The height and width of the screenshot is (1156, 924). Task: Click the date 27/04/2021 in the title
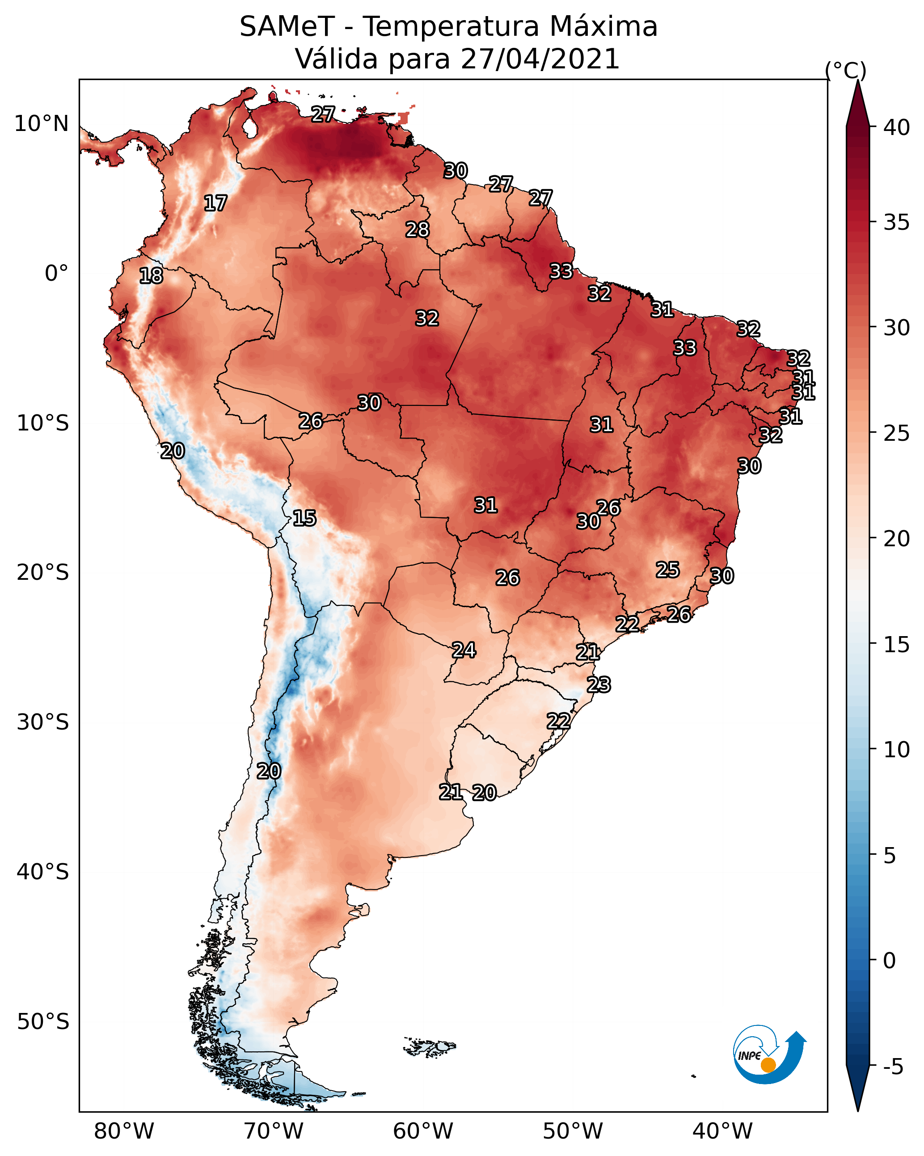(540, 59)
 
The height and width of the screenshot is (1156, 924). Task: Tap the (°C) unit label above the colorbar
(845, 70)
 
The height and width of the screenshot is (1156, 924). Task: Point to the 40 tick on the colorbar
(897, 127)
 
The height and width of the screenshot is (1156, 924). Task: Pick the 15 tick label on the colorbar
(897, 645)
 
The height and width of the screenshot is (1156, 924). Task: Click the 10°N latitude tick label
(41, 124)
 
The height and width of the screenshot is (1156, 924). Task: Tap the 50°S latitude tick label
(43, 1022)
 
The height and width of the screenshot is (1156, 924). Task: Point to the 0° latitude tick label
(56, 274)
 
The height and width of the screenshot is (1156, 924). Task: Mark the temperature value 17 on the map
(215, 203)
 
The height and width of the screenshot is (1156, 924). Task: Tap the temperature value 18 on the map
(151, 276)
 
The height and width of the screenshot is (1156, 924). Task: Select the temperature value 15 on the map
(304, 518)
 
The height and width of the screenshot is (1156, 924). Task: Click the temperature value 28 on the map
(417, 229)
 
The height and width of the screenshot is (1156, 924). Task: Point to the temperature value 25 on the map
(668, 570)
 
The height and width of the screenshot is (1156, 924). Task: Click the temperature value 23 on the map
(599, 685)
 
